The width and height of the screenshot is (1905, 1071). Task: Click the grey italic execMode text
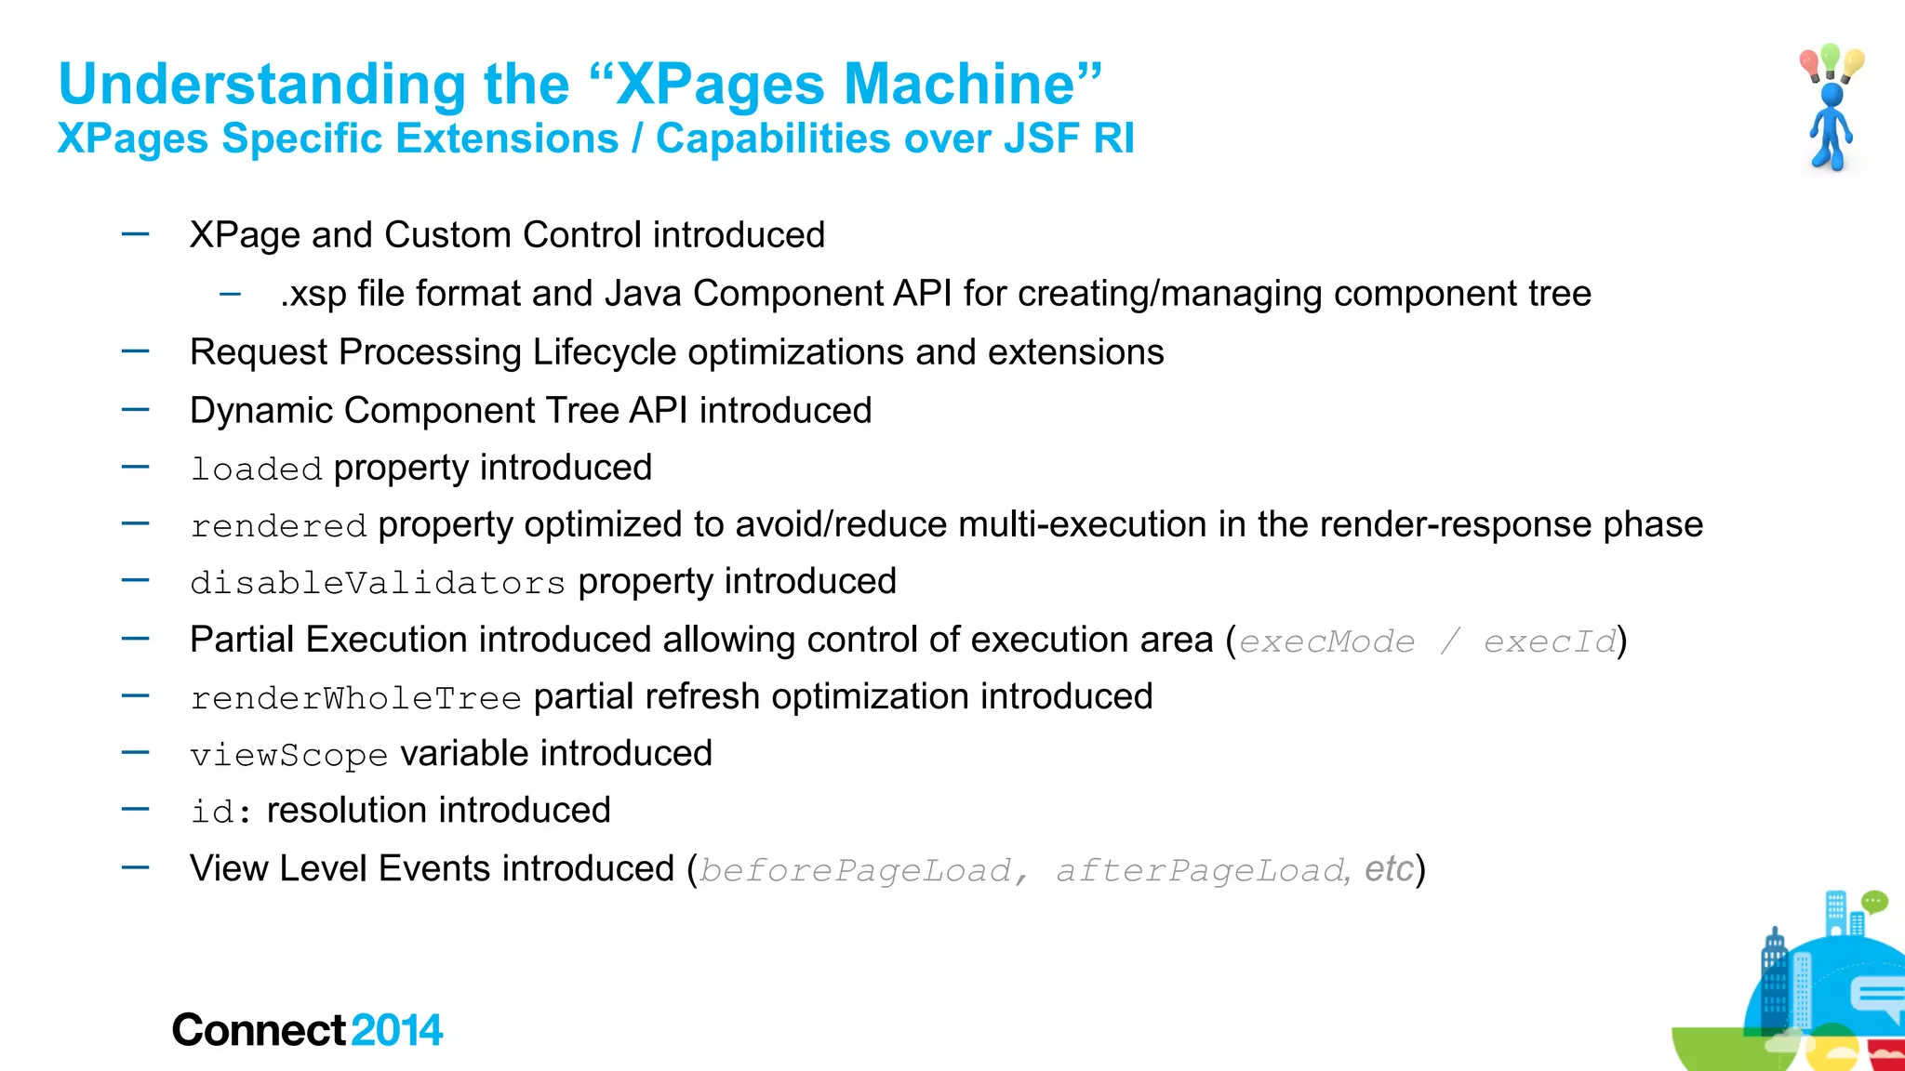point(1326,641)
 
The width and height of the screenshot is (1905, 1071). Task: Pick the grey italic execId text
point(1550,641)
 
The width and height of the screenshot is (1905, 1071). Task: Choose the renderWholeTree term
point(355,698)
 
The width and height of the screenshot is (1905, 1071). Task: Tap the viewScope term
point(288,755)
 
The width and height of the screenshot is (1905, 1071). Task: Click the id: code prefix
point(220,812)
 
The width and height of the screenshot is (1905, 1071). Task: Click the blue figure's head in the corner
point(1832,95)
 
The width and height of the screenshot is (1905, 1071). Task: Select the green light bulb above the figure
point(1831,58)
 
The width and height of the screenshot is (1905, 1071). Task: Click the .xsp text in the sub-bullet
point(313,295)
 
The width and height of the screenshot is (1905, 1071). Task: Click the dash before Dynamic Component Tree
point(136,409)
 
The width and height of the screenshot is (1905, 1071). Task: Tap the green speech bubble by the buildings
point(1873,901)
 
